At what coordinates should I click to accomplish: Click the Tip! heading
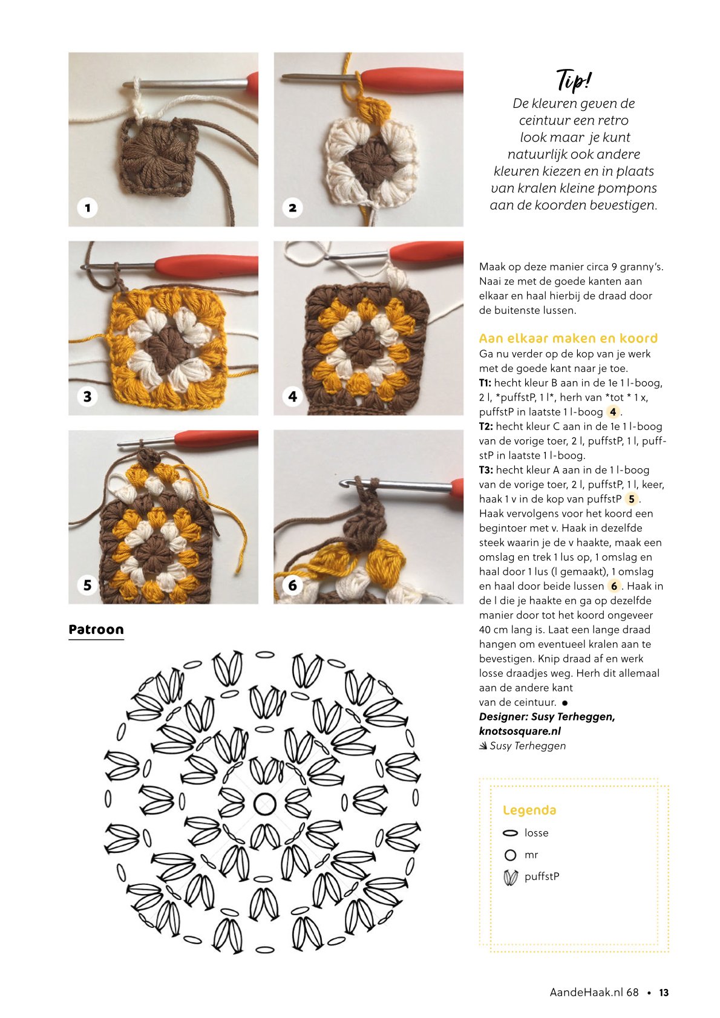pos(574,80)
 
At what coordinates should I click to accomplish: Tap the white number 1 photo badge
pos(87,207)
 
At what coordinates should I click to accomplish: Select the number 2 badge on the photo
pos(292,207)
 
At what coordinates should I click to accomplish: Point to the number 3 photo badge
pos(87,396)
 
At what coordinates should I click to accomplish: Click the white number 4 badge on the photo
pos(292,396)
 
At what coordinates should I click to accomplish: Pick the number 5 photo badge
pos(87,585)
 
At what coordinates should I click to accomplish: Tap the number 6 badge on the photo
pos(292,585)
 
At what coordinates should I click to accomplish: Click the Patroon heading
pos(96,630)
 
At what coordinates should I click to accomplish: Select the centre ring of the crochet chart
pos(264,804)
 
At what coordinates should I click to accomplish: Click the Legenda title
pos(529,811)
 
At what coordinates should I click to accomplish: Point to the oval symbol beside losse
pos(511,833)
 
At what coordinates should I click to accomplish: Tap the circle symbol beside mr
pos(511,855)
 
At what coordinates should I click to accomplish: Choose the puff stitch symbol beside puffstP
pos(511,877)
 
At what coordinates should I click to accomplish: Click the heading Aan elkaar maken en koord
pos(568,338)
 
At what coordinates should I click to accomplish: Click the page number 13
pos(664,993)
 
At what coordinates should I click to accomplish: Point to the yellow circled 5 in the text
pos(631,499)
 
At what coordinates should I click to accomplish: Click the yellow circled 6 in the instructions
pos(614,586)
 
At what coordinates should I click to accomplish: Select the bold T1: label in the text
pos(485,383)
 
